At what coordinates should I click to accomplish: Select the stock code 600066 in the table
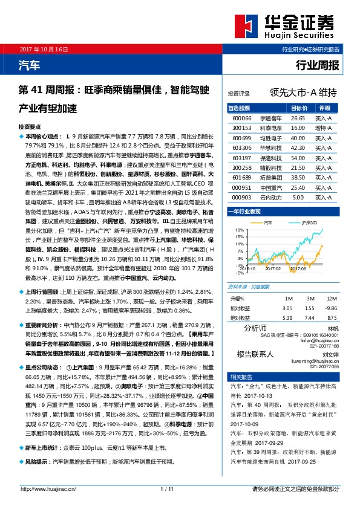click(x=241, y=119)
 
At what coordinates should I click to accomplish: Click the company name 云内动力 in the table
click(x=270, y=198)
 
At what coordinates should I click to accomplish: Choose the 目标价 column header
click(x=299, y=108)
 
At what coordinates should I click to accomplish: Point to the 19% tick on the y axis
click(x=240, y=230)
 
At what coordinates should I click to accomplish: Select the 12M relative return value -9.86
click(x=332, y=308)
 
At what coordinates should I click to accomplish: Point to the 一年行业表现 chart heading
click(x=244, y=212)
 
